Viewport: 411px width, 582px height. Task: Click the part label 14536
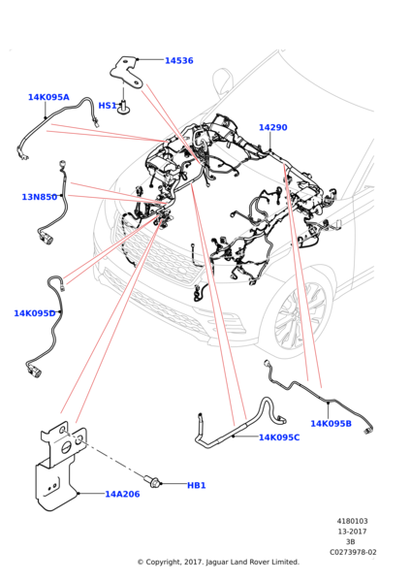[178, 60]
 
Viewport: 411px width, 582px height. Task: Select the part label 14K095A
[48, 97]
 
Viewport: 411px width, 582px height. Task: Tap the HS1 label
[108, 106]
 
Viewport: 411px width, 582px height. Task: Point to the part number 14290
[273, 127]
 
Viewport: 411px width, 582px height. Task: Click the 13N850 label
[40, 197]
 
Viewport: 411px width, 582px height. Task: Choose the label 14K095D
[35, 313]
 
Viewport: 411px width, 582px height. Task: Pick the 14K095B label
[331, 424]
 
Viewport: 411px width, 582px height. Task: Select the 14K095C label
[279, 437]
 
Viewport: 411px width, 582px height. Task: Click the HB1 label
[196, 486]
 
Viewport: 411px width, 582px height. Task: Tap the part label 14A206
[122, 494]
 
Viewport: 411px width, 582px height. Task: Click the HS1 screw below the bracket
[123, 107]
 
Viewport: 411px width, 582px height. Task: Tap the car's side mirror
[222, 81]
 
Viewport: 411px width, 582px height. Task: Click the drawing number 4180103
[353, 521]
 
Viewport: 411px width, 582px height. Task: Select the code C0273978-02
[353, 552]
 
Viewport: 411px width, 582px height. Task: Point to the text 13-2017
[352, 532]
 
